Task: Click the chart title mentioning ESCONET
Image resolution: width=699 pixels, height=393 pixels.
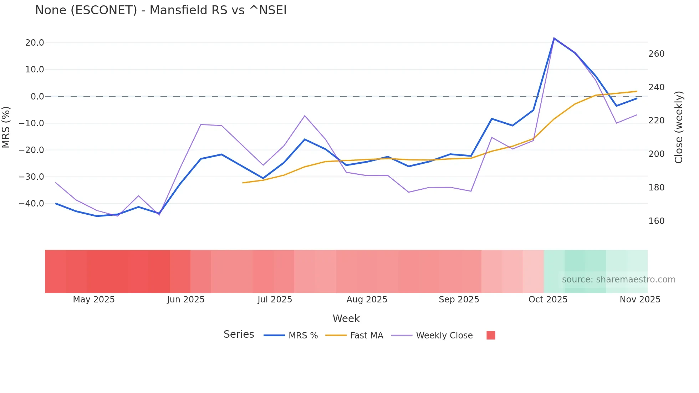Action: pyautogui.click(x=160, y=10)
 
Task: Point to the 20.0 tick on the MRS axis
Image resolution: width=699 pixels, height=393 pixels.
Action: pyautogui.click(x=35, y=43)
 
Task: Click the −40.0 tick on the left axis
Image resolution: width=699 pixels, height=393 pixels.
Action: pyautogui.click(x=31, y=204)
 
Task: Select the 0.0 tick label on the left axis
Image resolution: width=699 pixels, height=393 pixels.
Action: pyautogui.click(x=37, y=96)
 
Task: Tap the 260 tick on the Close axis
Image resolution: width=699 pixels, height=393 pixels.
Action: pyautogui.click(x=656, y=54)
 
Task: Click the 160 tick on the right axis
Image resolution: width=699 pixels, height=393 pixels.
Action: pyautogui.click(x=656, y=221)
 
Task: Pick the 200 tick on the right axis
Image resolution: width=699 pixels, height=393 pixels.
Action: pyautogui.click(x=656, y=154)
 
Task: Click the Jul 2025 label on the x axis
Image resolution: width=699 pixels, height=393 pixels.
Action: pyautogui.click(x=275, y=300)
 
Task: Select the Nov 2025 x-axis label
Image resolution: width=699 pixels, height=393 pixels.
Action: pyautogui.click(x=640, y=300)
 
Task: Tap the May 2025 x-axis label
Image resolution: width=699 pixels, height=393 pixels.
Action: pyautogui.click(x=94, y=300)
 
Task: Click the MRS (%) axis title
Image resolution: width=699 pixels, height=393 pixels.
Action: pyautogui.click(x=6, y=127)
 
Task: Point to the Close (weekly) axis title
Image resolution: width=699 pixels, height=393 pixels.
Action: pyautogui.click(x=679, y=127)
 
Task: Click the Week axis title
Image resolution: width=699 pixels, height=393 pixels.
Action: pyautogui.click(x=346, y=318)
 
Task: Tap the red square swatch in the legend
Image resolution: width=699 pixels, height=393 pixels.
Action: pyautogui.click(x=491, y=335)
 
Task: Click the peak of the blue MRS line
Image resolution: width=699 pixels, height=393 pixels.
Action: pyautogui.click(x=554, y=38)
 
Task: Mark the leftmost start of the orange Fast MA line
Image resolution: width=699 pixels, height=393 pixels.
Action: pyautogui.click(x=243, y=183)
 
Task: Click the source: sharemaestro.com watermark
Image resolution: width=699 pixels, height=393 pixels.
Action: pyautogui.click(x=618, y=280)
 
